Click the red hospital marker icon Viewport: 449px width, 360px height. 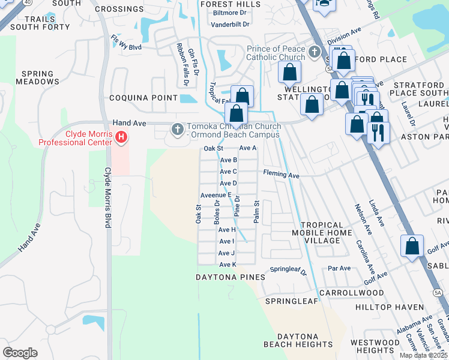(x=122, y=138)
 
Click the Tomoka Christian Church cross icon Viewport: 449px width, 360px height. (x=177, y=129)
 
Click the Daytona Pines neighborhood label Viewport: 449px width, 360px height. (x=230, y=277)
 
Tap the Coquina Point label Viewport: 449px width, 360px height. (x=143, y=98)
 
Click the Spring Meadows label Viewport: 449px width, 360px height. (x=37, y=78)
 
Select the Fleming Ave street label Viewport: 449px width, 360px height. (x=281, y=175)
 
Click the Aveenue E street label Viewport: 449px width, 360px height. (x=216, y=195)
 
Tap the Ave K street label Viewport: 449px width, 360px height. (x=228, y=265)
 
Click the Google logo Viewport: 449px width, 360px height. (x=20, y=353)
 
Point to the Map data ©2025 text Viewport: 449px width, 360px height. (x=423, y=355)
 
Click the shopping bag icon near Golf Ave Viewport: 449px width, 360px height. (x=412, y=247)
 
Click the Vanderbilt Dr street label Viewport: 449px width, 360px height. (x=230, y=25)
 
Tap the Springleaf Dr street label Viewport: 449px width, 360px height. (x=288, y=270)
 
